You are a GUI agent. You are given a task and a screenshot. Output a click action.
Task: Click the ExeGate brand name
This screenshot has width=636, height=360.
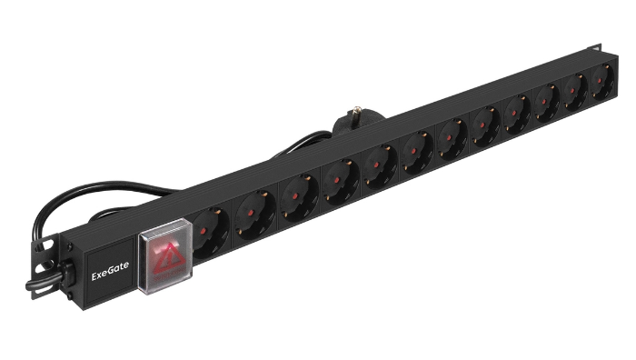110,266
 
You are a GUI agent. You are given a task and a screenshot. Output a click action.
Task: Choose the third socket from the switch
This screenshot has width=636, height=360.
298,198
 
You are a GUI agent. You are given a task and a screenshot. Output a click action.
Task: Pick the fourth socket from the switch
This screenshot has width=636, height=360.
340,181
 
